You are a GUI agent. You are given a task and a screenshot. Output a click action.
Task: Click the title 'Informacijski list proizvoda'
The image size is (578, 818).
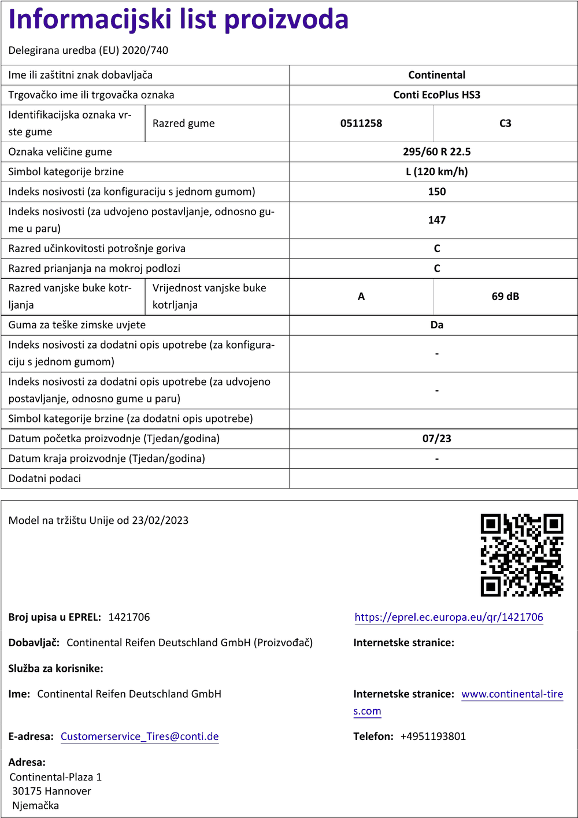pyautogui.click(x=179, y=20)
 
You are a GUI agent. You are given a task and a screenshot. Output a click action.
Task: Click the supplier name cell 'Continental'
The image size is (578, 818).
pyautogui.click(x=436, y=75)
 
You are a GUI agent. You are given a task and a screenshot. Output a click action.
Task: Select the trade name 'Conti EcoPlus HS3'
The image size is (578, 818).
pyautogui.click(x=436, y=95)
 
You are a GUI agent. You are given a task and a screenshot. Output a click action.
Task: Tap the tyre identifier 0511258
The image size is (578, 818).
pyautogui.click(x=361, y=123)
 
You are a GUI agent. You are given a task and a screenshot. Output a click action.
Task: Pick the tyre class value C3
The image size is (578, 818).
pyautogui.click(x=505, y=123)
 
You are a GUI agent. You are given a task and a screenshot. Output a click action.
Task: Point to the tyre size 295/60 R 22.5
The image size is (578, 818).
pyautogui.click(x=436, y=152)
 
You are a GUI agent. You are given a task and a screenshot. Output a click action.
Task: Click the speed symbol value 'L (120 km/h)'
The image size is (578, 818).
pyautogui.click(x=436, y=172)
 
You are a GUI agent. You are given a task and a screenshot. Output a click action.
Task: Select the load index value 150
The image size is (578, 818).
pyautogui.click(x=436, y=191)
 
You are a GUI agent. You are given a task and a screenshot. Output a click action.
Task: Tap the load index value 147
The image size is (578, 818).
pyautogui.click(x=436, y=220)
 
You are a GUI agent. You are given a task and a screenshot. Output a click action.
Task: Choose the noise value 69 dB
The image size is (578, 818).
pyautogui.click(x=505, y=297)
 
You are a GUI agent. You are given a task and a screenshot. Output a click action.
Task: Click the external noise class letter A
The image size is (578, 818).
pyautogui.click(x=361, y=297)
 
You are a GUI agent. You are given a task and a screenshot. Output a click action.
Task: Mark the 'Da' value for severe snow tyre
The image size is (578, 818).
pyautogui.click(x=436, y=325)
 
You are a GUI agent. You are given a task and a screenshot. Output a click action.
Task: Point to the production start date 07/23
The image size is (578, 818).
pyautogui.click(x=436, y=439)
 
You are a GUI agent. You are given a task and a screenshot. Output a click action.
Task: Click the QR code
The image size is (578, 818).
pyautogui.click(x=522, y=555)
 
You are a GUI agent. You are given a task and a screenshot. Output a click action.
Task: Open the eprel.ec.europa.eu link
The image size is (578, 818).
pyautogui.click(x=449, y=617)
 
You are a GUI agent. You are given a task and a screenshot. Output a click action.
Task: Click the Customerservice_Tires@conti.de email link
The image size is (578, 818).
pyautogui.click(x=139, y=736)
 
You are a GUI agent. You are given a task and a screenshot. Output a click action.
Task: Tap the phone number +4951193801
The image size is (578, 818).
pyautogui.click(x=433, y=736)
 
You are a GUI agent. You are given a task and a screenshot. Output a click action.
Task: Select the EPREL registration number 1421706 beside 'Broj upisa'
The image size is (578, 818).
pyautogui.click(x=129, y=617)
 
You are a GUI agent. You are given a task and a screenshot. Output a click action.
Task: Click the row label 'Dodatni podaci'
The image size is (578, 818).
pyautogui.click(x=45, y=479)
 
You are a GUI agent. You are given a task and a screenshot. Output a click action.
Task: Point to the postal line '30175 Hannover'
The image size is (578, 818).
pyautogui.click(x=51, y=791)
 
